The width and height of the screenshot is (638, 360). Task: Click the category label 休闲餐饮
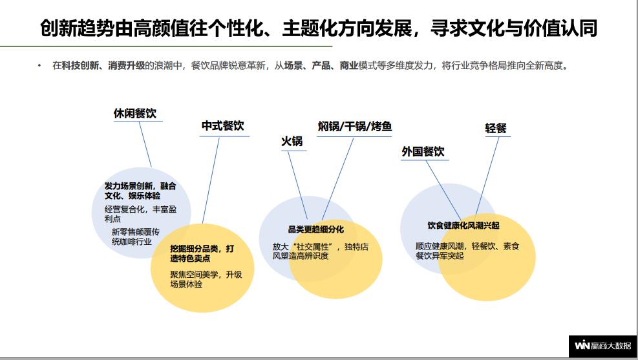(134, 114)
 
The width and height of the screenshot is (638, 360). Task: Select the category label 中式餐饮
(222, 125)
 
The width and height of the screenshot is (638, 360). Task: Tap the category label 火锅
(292, 141)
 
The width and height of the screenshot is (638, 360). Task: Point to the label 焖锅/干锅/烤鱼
(355, 127)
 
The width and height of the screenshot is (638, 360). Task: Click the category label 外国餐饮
(423, 152)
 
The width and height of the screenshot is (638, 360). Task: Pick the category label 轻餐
(496, 129)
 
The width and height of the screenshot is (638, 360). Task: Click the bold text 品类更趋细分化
(316, 229)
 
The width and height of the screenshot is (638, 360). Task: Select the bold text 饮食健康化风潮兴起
(463, 226)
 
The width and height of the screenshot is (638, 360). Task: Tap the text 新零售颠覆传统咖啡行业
(136, 237)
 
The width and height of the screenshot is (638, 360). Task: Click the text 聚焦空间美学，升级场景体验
(206, 279)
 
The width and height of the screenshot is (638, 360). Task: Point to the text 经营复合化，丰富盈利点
(140, 214)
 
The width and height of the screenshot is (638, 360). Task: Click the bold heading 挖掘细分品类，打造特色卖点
(202, 253)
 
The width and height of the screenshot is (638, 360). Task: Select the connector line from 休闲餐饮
(145, 144)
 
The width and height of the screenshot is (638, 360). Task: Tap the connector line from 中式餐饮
(211, 180)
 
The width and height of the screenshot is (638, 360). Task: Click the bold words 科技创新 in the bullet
(80, 65)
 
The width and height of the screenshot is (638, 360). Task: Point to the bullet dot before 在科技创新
(39, 65)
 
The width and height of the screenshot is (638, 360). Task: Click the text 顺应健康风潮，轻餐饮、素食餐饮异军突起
(467, 251)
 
